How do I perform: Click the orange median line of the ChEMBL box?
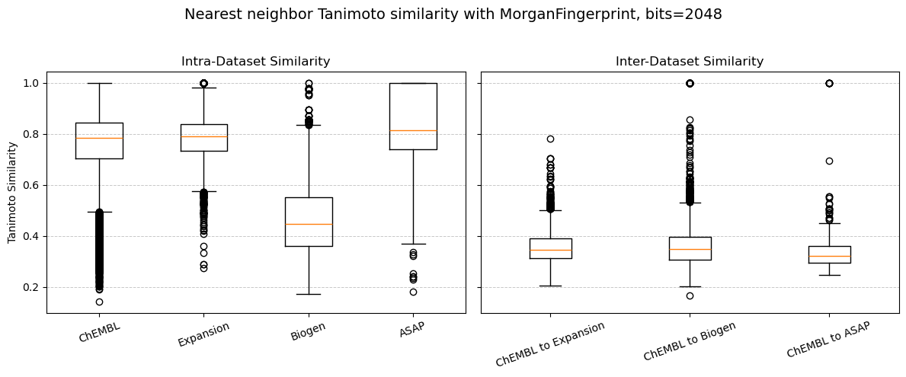[x=99, y=138]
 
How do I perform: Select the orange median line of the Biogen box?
[x=309, y=224]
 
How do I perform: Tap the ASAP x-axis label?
[x=411, y=330]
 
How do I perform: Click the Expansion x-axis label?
[x=203, y=334]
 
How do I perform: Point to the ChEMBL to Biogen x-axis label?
[x=690, y=341]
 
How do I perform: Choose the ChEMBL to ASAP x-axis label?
[x=828, y=340]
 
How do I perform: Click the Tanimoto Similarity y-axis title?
[x=12, y=192]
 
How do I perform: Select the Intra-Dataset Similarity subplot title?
[x=255, y=62]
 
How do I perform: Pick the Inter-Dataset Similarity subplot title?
[x=690, y=62]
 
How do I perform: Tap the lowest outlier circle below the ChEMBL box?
[x=99, y=302]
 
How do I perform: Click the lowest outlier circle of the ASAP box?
[x=413, y=292]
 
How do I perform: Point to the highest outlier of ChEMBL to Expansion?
[x=550, y=139]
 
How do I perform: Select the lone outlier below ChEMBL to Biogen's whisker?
[x=690, y=296]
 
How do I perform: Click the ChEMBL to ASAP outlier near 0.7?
[x=829, y=161]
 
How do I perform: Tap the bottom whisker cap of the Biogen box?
[x=309, y=294]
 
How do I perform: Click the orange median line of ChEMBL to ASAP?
[x=829, y=256]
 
